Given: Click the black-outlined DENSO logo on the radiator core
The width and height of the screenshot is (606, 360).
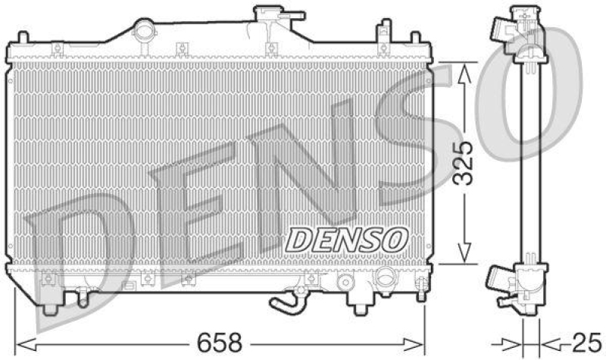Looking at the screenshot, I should [x=344, y=239].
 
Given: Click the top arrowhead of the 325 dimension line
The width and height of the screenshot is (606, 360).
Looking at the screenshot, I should [x=465, y=71].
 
